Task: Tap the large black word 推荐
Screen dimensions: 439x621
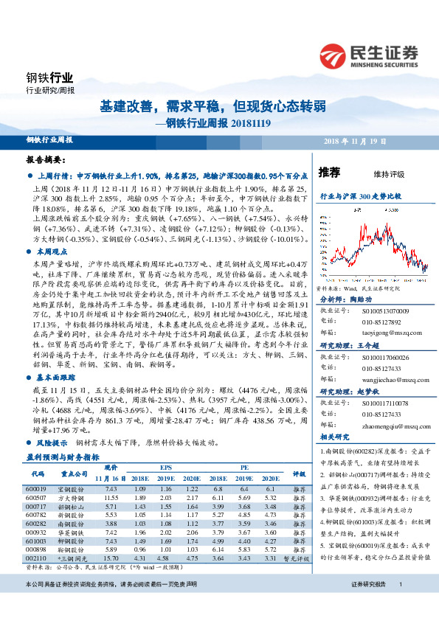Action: [x=330, y=173]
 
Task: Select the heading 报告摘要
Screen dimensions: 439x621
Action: [x=46, y=159]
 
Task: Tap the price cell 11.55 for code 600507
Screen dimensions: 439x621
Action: [x=111, y=499]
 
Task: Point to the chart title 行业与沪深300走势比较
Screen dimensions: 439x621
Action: [x=360, y=198]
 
